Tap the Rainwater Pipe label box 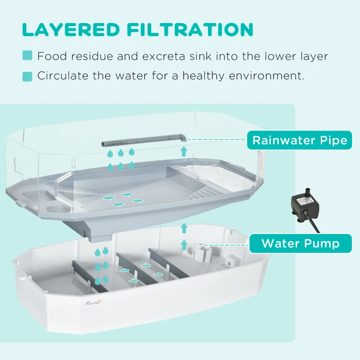click(300, 140)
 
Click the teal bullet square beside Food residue click(27, 56)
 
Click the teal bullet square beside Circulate click(27, 76)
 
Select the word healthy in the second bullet click(198, 76)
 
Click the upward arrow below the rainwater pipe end click(184, 151)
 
